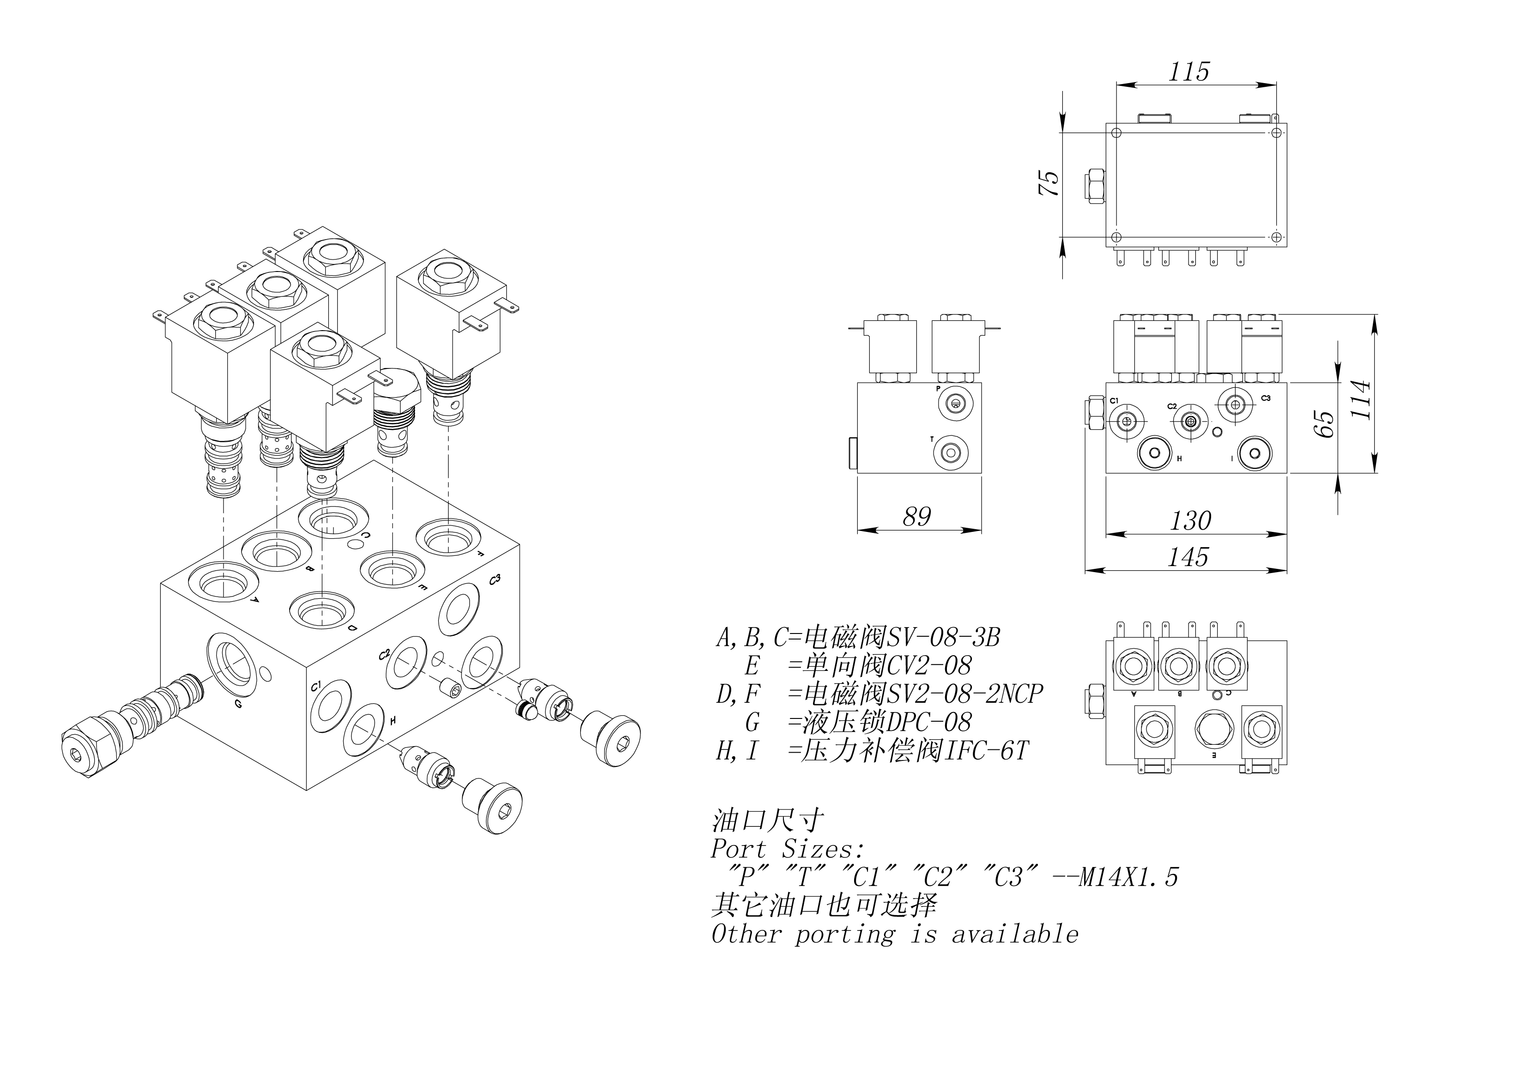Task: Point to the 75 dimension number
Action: (1049, 182)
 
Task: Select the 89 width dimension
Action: (916, 516)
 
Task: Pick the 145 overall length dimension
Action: (1188, 557)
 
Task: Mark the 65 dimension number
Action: (1325, 424)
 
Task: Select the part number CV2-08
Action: (929, 665)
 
